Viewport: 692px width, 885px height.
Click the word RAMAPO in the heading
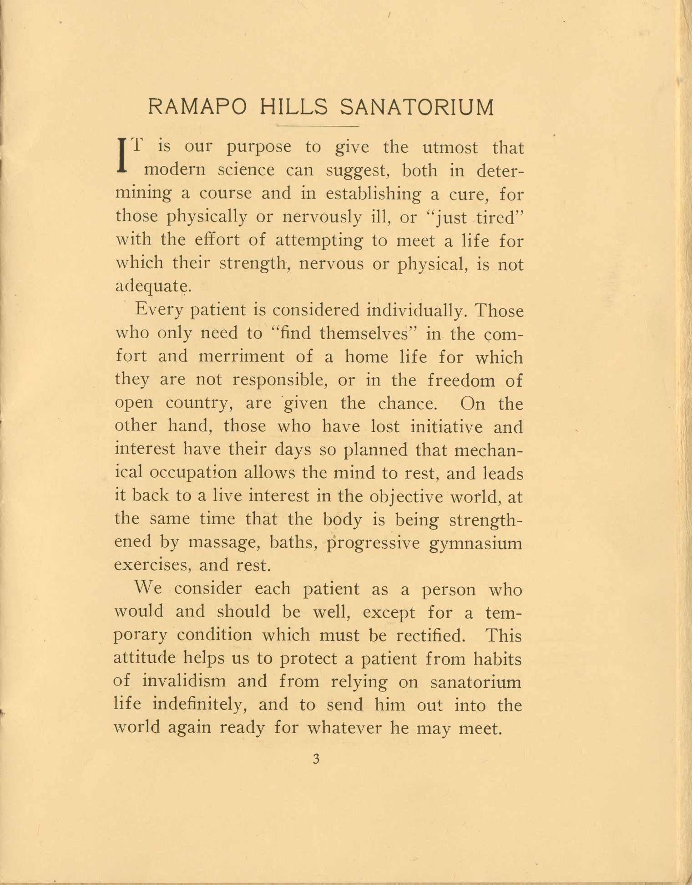(198, 108)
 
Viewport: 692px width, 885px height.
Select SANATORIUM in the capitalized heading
(417, 108)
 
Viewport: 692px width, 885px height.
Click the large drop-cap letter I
(121, 155)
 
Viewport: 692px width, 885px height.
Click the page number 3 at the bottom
(317, 759)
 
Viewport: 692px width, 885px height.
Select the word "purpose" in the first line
(259, 148)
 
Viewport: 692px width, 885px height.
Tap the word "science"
(246, 170)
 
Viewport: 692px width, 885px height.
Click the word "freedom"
(461, 380)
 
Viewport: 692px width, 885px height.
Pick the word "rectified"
(430, 635)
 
